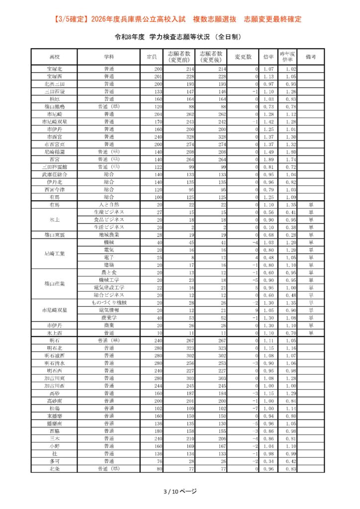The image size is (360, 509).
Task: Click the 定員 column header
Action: pos(152,57)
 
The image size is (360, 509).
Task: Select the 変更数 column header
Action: pos(243,57)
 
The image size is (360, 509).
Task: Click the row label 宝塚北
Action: pos(55,69)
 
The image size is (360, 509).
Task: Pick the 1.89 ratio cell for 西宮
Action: pos(269,159)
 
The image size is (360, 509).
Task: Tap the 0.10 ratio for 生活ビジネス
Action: pos(269,227)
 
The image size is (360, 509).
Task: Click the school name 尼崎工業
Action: pos(55,254)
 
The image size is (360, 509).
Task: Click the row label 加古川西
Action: pos(55,386)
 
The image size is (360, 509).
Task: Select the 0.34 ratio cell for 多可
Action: pos(269,461)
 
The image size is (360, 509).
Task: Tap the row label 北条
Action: pos(55,469)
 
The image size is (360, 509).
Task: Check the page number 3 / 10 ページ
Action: pos(180,492)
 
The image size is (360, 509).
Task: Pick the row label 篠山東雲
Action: pos(55,235)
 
